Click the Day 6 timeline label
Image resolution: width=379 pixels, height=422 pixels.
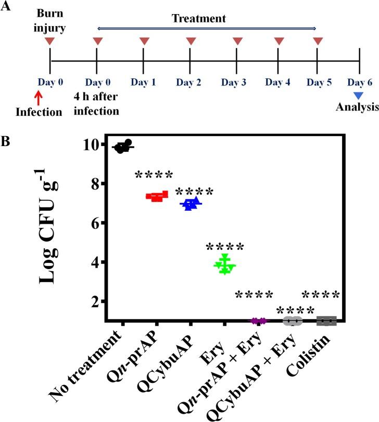pos(359,82)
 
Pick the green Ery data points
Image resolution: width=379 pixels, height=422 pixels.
pos(224,265)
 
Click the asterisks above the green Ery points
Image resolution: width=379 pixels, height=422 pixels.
pos(224,247)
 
